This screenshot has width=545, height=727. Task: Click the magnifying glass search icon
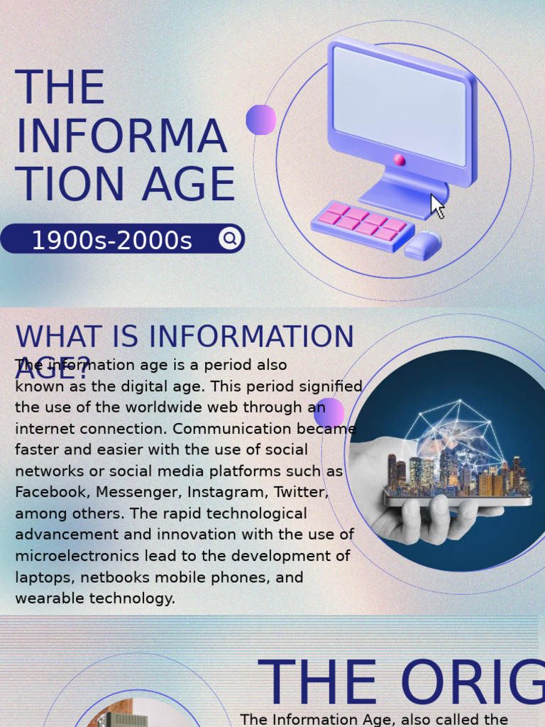[x=229, y=239]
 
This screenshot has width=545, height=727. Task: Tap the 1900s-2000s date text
[x=111, y=241]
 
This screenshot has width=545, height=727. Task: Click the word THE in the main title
[x=60, y=88]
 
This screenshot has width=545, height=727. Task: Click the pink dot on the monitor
[x=400, y=160]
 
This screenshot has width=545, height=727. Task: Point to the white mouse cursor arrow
[x=437, y=207]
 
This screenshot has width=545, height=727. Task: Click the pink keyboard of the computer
[x=363, y=224]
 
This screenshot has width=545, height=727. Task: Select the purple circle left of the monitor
[x=261, y=119]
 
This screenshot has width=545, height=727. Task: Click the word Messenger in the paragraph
[x=136, y=492]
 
